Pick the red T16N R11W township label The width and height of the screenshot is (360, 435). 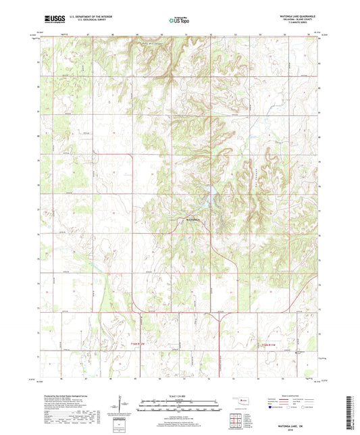click(268, 347)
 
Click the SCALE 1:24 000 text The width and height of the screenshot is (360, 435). click(179, 395)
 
